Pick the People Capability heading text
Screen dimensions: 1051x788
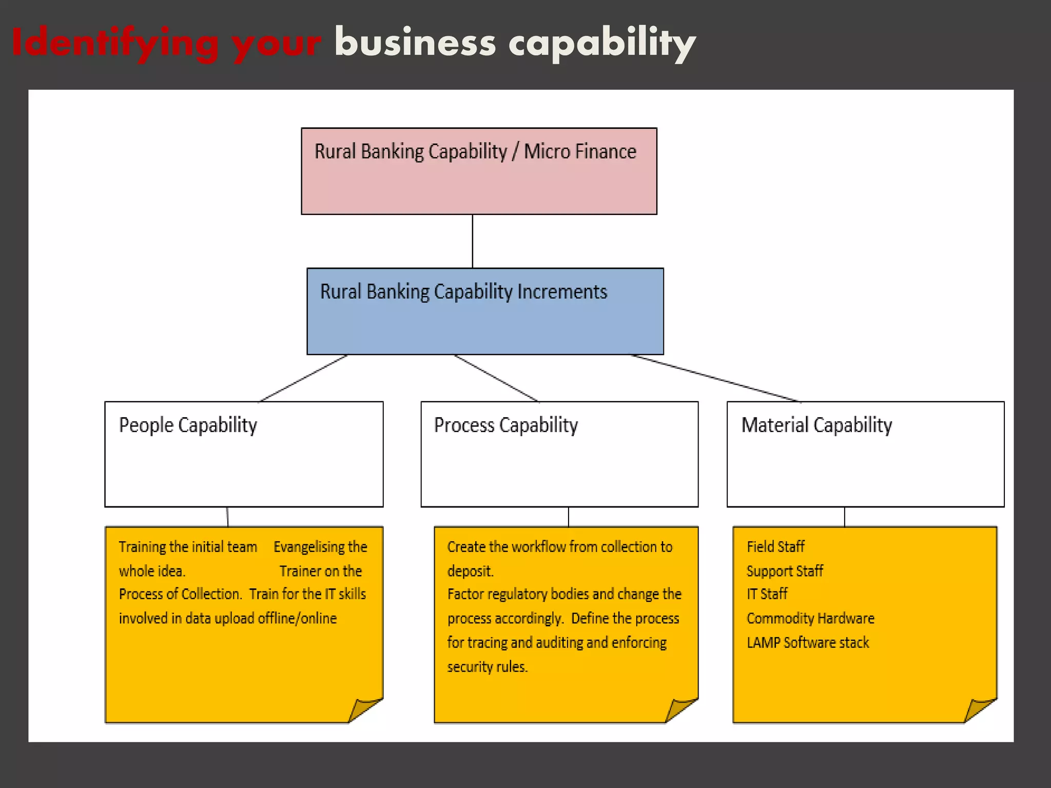coord(188,425)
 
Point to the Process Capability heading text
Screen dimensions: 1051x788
coord(506,425)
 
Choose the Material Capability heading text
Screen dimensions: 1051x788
coord(816,425)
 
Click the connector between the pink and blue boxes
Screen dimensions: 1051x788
coord(473,241)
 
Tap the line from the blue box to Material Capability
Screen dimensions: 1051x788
coord(716,378)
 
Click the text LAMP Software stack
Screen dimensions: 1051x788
coord(808,642)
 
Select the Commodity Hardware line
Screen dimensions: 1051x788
coord(810,618)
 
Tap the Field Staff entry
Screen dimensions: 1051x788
coord(775,547)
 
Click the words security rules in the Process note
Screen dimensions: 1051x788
coord(487,666)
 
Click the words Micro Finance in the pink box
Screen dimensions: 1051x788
coord(580,152)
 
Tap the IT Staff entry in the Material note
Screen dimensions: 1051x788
coord(767,594)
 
